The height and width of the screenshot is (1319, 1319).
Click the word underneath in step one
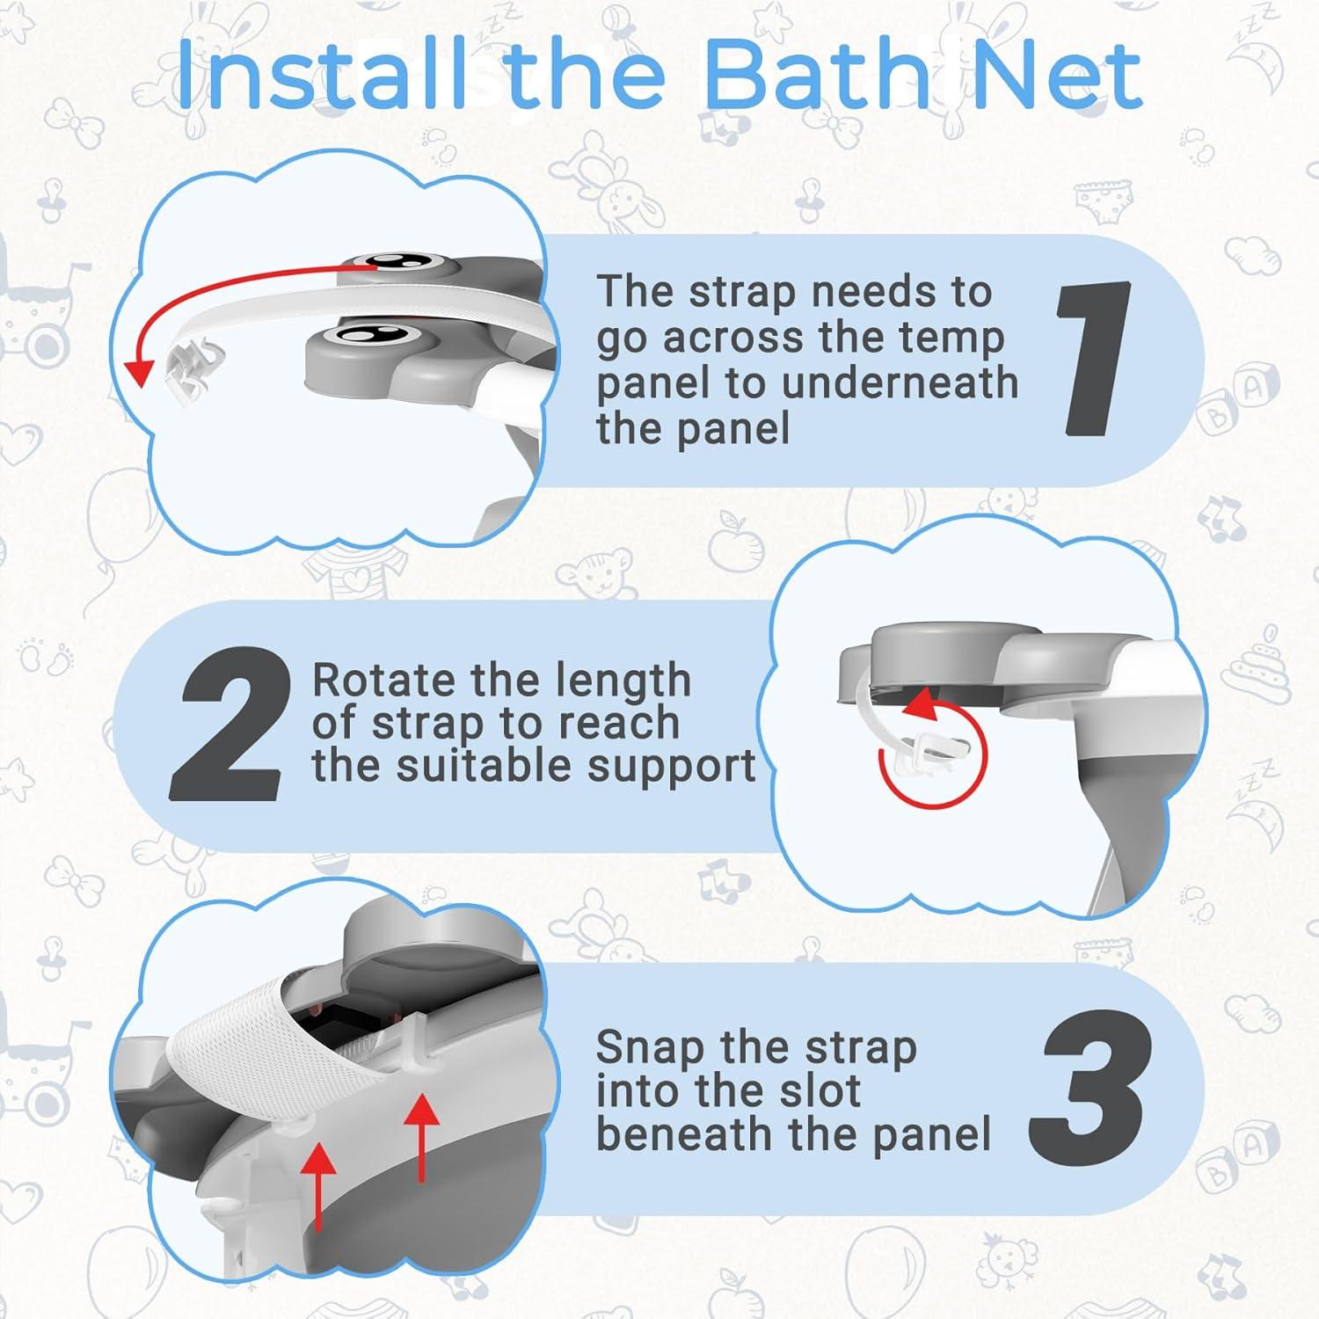tap(905, 384)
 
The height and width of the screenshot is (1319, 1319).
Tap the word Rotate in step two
tap(385, 681)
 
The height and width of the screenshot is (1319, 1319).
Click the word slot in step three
tap(820, 1091)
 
